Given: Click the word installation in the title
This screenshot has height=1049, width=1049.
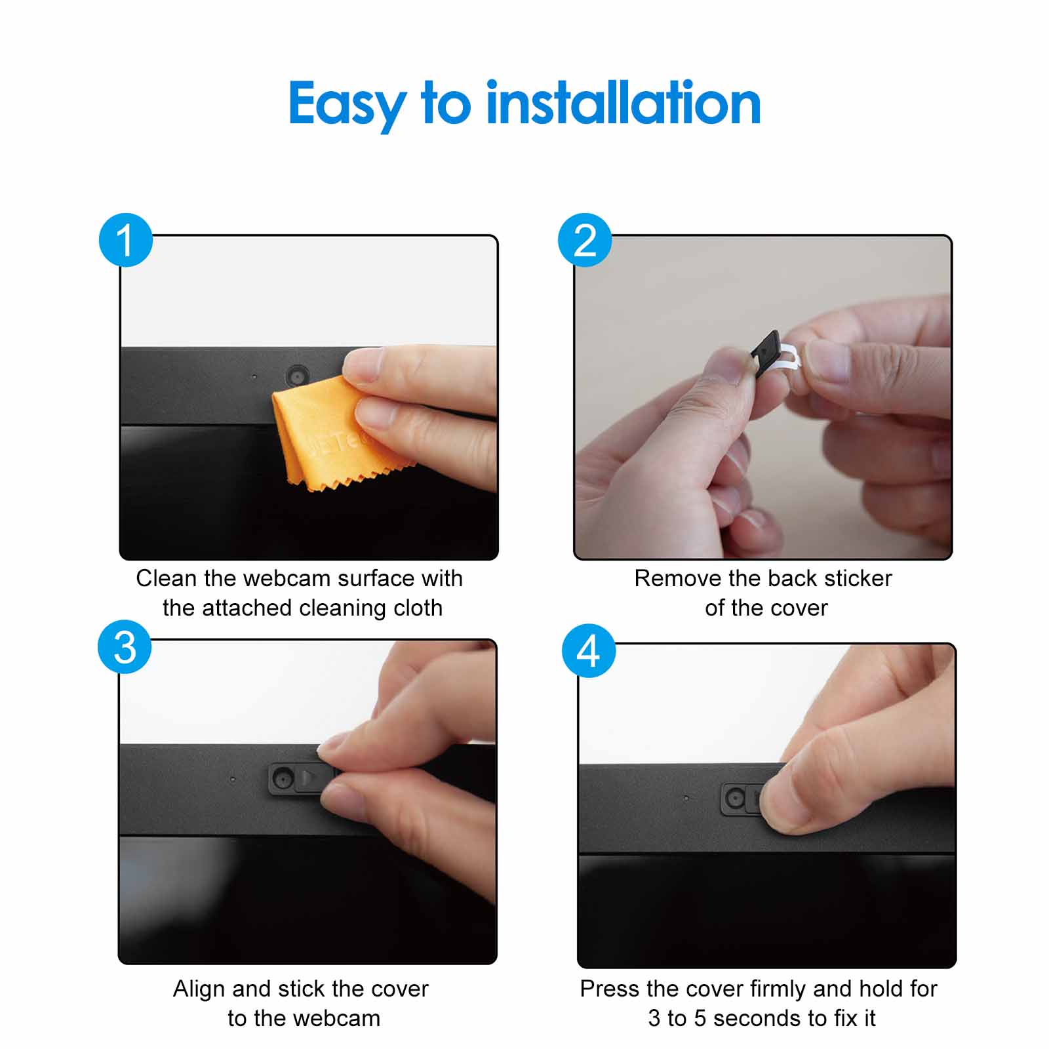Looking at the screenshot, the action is [623, 104].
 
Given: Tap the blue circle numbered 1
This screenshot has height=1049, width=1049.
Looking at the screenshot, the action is [125, 240].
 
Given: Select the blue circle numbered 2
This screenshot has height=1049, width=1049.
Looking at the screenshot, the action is [585, 240].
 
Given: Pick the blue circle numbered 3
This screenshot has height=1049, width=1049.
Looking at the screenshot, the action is [125, 647].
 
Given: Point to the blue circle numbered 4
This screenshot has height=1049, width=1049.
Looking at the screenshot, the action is [589, 650].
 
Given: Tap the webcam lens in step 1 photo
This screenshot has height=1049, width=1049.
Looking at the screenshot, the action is [298, 376].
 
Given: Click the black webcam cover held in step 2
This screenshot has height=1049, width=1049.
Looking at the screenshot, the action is [766, 354].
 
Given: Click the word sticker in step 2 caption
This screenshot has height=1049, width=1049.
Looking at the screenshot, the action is [858, 578].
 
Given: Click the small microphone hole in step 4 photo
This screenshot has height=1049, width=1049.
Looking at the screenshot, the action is [686, 798].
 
